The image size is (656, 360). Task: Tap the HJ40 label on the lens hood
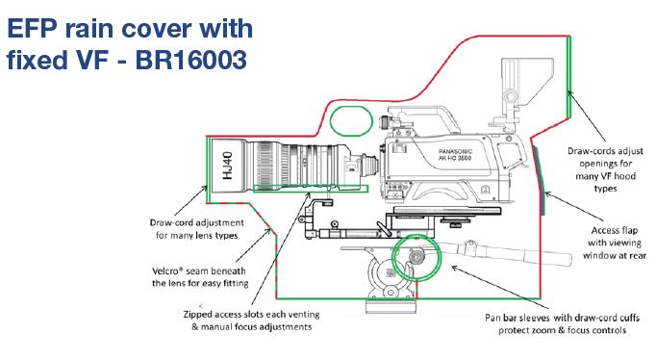pos(227,166)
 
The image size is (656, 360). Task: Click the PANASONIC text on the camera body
pos(455,151)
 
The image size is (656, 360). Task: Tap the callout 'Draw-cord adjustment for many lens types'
pos(196,229)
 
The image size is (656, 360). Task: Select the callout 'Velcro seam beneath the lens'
pos(200,277)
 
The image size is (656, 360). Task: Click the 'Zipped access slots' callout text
pos(251,321)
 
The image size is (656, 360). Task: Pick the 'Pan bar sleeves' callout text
pos(563,323)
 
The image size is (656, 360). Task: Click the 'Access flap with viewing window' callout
pos(615,243)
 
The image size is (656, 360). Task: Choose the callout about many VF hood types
pos(605,169)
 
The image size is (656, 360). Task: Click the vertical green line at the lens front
pos(207,169)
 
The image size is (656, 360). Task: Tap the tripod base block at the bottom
pos(391,306)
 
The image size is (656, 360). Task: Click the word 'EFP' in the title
pos(32,29)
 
